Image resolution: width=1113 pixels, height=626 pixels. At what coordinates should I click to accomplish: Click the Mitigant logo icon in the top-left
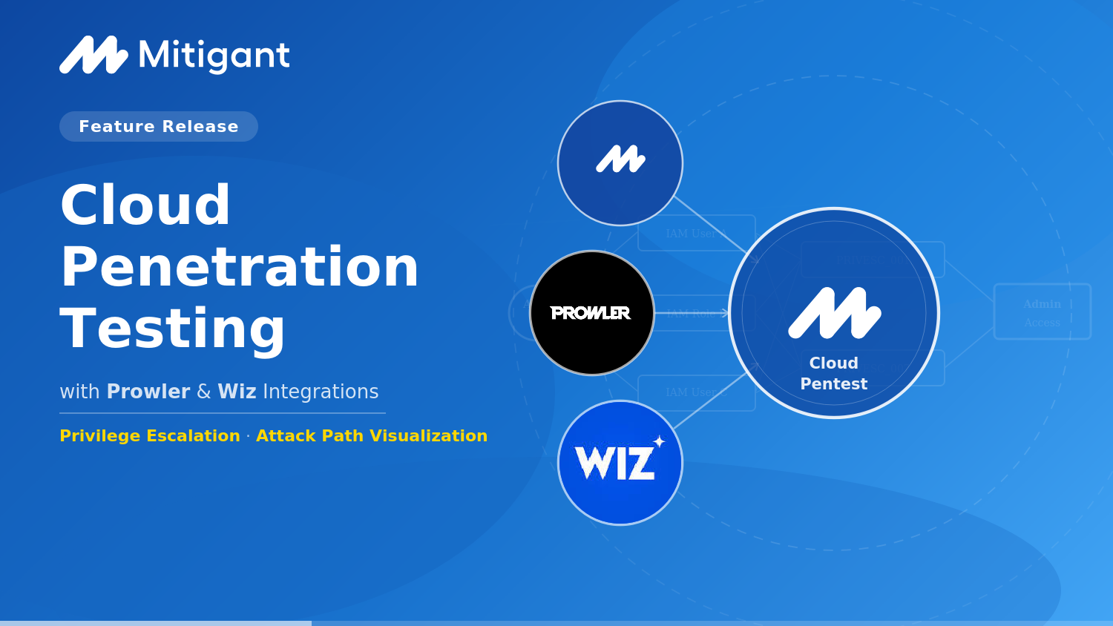[93, 56]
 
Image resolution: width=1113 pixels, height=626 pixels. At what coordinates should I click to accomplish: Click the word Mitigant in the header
[214, 56]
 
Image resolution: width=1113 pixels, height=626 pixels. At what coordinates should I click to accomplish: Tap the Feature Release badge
[159, 127]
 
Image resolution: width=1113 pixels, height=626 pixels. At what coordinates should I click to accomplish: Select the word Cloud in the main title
[145, 205]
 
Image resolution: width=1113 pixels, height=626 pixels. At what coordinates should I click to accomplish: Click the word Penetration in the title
[240, 267]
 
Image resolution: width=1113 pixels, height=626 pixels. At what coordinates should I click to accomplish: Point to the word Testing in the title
[173, 329]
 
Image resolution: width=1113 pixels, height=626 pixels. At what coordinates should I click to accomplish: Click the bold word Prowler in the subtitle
[148, 392]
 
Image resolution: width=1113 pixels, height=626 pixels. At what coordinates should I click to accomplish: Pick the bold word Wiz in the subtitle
[237, 392]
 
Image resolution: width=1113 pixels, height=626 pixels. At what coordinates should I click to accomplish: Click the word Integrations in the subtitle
[321, 392]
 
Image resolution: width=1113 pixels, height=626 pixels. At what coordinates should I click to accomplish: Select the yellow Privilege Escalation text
[150, 436]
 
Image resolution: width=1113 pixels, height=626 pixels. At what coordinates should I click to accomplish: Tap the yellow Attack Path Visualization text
[372, 436]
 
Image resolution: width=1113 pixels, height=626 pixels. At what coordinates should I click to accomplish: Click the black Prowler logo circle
[592, 313]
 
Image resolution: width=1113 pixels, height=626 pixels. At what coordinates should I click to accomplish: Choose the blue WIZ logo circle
[620, 463]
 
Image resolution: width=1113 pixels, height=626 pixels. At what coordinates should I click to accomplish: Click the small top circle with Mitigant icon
[620, 163]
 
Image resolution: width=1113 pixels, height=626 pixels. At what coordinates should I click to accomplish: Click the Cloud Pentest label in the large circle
[834, 374]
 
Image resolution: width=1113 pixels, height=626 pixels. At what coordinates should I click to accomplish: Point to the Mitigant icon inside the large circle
[834, 313]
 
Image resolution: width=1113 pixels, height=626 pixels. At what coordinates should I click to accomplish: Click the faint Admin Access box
[1042, 312]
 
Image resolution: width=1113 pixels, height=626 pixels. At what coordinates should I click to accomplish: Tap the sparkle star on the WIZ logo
[659, 441]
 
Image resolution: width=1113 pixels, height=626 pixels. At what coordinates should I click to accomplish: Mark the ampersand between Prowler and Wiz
[204, 392]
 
